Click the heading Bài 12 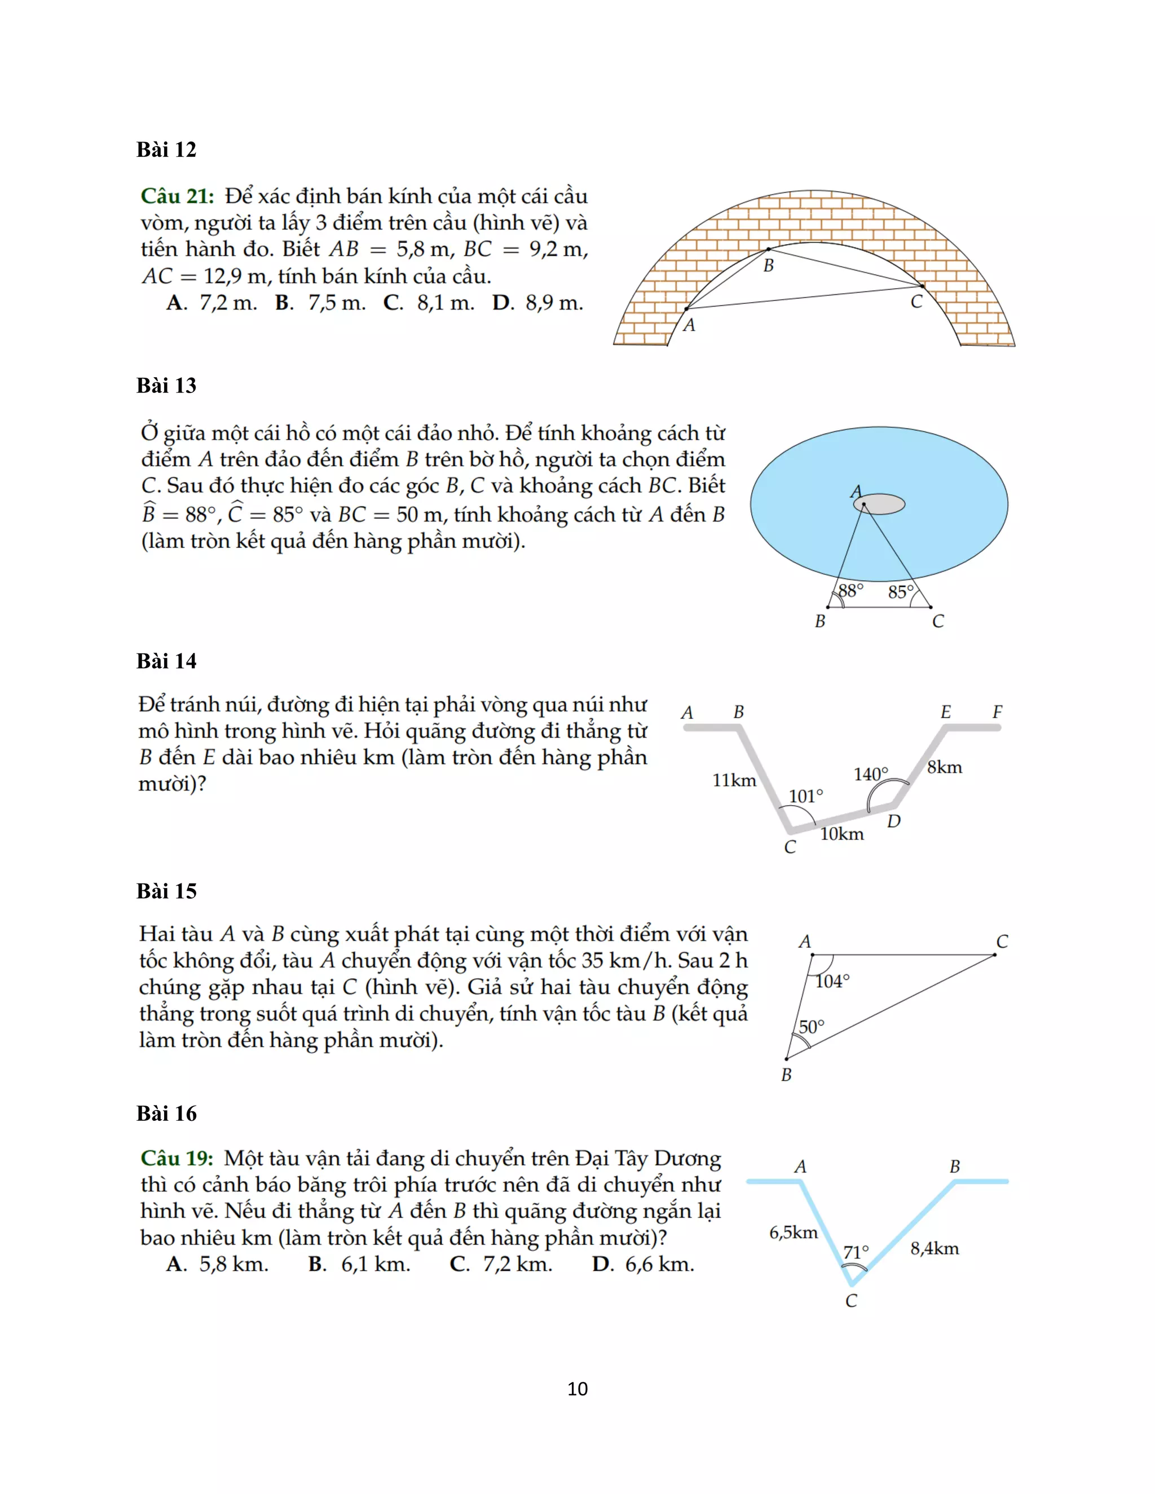click(166, 149)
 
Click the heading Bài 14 click(166, 661)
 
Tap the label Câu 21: click(177, 196)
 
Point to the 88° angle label click(850, 590)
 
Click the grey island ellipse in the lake click(879, 504)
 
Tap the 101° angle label click(805, 796)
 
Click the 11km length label click(734, 780)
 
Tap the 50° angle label click(812, 1027)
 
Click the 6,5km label click(793, 1232)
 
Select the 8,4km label click(934, 1249)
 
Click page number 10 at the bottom click(577, 1389)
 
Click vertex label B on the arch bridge click(769, 266)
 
